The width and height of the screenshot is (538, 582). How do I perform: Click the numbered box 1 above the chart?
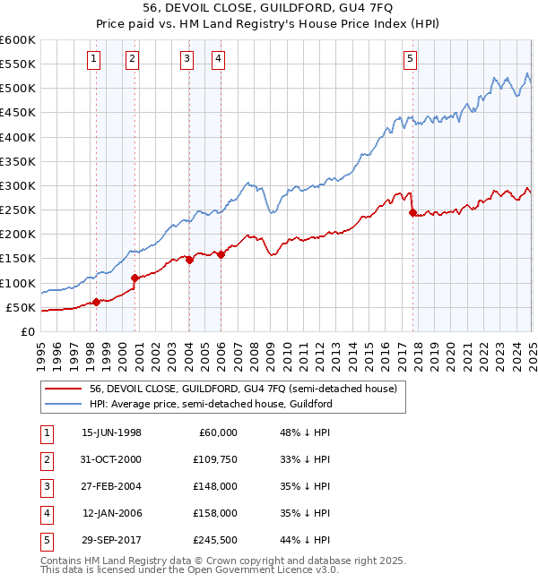point(95,60)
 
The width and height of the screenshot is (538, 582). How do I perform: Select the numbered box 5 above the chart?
point(410,60)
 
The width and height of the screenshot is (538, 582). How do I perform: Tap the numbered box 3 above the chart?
point(187,60)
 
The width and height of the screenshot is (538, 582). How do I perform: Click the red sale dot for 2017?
point(412,213)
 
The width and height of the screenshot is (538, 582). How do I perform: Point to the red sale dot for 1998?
point(96,302)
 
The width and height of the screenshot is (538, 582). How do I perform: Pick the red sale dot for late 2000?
point(134,278)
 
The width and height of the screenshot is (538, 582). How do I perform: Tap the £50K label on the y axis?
point(21,307)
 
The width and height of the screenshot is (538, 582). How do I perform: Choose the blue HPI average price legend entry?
point(211,404)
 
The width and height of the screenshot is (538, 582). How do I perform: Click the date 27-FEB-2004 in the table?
point(111,486)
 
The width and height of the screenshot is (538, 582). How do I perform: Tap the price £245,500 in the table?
point(215,540)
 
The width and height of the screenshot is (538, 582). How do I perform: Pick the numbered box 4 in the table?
point(46,513)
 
